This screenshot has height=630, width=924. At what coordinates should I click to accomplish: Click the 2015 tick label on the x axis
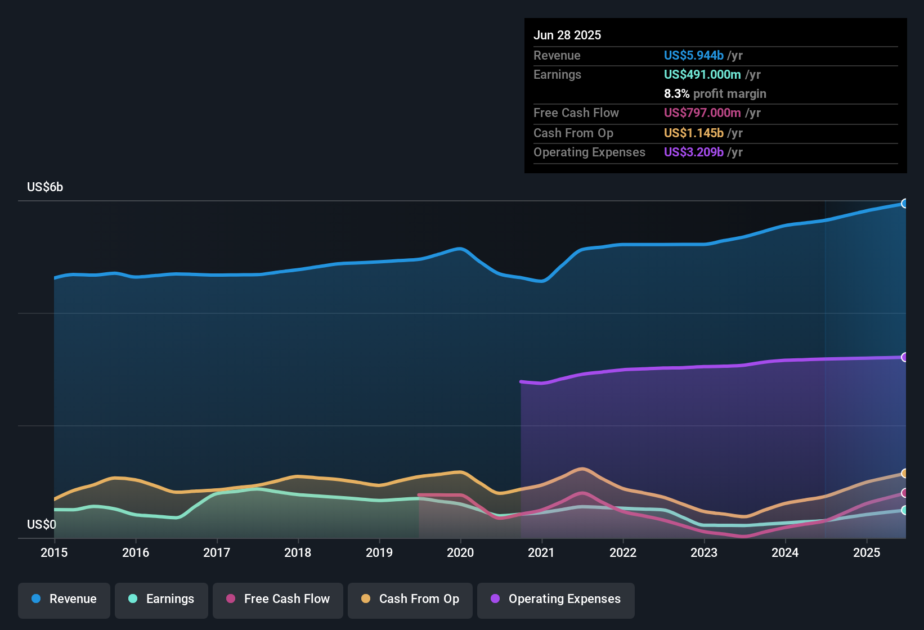[x=54, y=552]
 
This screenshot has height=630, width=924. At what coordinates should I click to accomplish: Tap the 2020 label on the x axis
[x=460, y=552]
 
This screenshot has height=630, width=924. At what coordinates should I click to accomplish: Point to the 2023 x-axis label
[x=704, y=552]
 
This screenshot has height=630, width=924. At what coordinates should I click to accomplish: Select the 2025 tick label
[x=867, y=552]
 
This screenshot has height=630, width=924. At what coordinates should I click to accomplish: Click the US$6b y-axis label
[x=45, y=187]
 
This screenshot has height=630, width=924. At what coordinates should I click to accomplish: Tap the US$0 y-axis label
[x=42, y=524]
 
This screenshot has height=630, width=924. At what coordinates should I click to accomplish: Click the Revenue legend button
[x=64, y=599]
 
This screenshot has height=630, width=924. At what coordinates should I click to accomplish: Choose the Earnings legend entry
[x=162, y=599]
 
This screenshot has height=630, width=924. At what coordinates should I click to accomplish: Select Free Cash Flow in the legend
[x=278, y=599]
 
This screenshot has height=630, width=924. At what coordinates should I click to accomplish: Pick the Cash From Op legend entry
[x=410, y=599]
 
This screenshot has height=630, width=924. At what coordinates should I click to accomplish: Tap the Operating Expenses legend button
[x=556, y=599]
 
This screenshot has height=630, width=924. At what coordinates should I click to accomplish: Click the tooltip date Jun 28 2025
[x=567, y=35]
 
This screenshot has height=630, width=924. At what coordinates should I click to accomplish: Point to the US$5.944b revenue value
[x=693, y=55]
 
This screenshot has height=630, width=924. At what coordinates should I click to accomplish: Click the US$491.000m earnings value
[x=702, y=74]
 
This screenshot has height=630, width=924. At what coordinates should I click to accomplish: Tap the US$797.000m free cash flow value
[x=702, y=112]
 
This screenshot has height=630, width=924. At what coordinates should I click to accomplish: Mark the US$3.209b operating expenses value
[x=693, y=152]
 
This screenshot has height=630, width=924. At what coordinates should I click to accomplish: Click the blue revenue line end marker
[x=904, y=204]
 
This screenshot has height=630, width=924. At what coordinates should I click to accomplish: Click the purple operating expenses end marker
[x=904, y=357]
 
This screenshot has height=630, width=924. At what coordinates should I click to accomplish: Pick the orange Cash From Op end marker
[x=904, y=474]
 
